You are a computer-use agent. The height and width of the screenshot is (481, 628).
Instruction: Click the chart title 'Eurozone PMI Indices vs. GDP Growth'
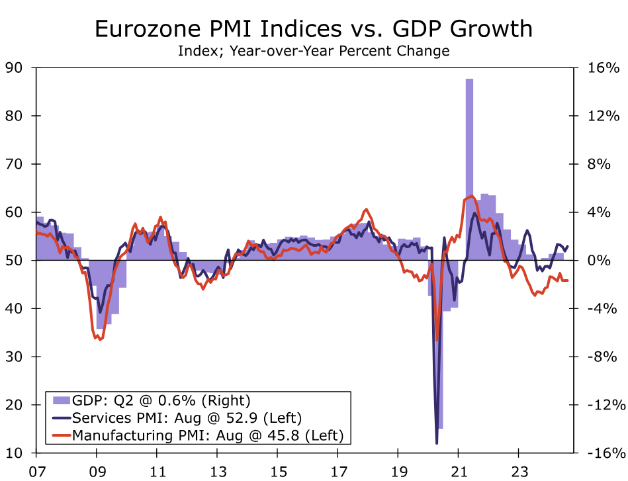pos(314,28)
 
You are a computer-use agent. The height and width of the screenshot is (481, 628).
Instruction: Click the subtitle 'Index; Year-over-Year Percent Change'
pos(314,50)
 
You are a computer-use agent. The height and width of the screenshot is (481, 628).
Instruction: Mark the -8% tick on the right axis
pos(603,357)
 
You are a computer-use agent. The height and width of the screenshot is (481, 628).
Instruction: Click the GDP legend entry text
pos(161,400)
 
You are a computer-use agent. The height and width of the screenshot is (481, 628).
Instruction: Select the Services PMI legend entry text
pos(187,417)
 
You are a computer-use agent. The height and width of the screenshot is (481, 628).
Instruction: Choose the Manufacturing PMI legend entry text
pos(208,435)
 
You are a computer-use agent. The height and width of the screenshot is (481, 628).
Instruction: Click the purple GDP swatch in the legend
pos(61,400)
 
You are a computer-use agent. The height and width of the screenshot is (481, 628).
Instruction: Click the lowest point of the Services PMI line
pos(437,443)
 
